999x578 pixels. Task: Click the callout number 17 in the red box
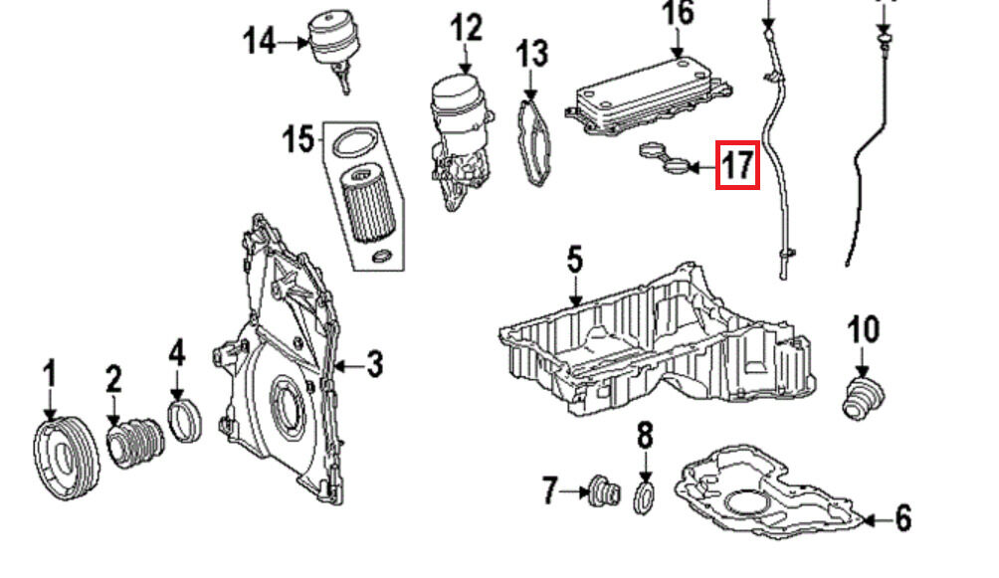pos(737,164)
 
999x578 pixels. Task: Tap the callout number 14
pos(261,43)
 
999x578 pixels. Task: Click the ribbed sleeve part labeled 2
pos(134,443)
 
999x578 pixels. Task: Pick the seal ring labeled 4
pos(185,420)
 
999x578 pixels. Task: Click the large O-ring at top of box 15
pos(354,144)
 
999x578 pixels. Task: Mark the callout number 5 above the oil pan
pos(575,262)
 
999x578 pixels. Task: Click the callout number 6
pos(902,518)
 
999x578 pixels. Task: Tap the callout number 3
pos(374,364)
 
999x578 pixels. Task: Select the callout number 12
pos(466,29)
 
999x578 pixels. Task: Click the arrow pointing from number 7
pos(575,491)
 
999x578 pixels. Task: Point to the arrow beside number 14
pos(295,44)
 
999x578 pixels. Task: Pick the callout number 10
pos(864,330)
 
